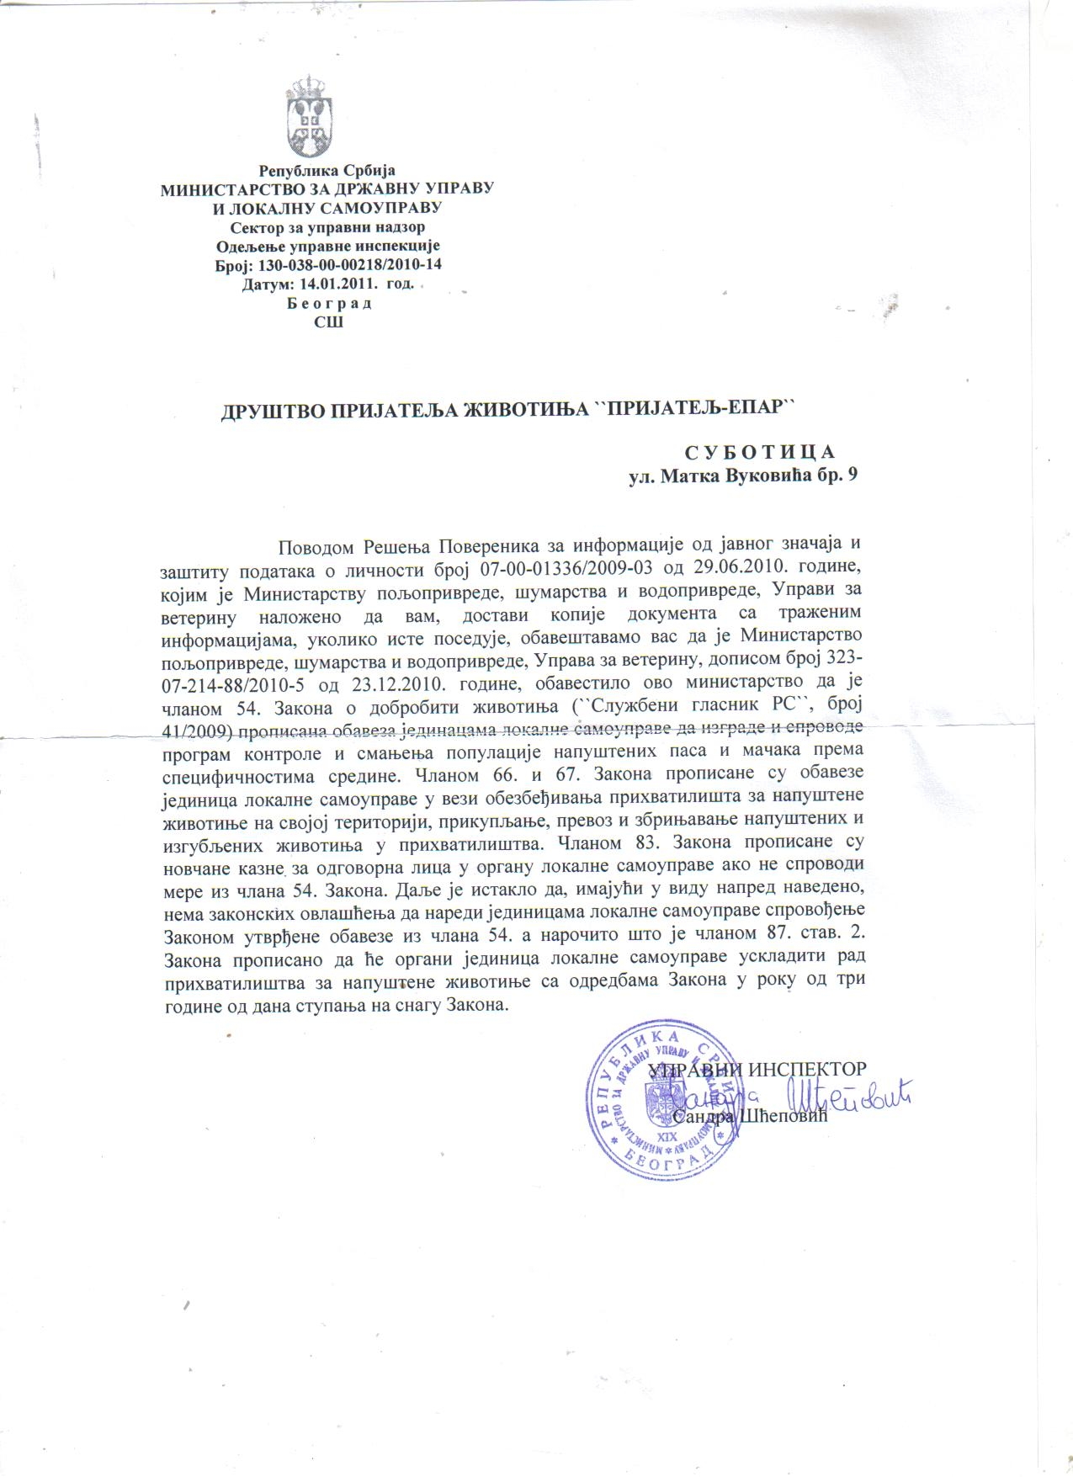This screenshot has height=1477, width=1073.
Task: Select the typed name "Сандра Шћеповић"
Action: [751, 1117]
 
